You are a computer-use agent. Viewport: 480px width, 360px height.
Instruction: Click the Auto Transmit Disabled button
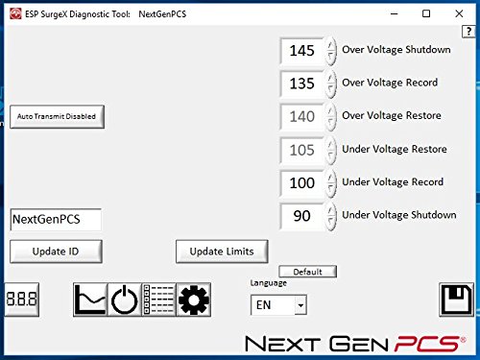point(57,117)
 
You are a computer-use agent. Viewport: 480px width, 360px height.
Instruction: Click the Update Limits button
point(221,251)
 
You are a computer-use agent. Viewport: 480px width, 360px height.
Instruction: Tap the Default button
point(307,272)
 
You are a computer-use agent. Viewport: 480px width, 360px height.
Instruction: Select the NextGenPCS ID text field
point(56,219)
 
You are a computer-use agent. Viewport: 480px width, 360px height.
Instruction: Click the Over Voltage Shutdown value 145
point(302,51)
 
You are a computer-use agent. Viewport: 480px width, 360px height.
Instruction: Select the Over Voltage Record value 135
point(302,84)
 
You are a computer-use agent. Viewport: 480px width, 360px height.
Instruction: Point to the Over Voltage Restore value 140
point(302,117)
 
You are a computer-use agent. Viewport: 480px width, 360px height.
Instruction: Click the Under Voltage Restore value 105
point(302,150)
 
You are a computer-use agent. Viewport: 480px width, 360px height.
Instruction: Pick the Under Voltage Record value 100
point(302,182)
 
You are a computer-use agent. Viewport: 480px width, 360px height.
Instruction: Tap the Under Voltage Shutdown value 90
point(302,216)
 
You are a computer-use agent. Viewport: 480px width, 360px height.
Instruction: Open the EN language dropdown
point(277,305)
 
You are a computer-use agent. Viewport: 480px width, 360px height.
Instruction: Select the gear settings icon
point(193,300)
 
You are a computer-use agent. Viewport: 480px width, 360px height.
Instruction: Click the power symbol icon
point(124,300)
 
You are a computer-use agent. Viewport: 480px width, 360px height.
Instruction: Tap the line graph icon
point(89,300)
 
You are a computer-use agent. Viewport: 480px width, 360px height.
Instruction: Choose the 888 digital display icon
point(21,299)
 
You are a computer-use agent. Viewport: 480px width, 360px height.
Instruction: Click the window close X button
point(457,14)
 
